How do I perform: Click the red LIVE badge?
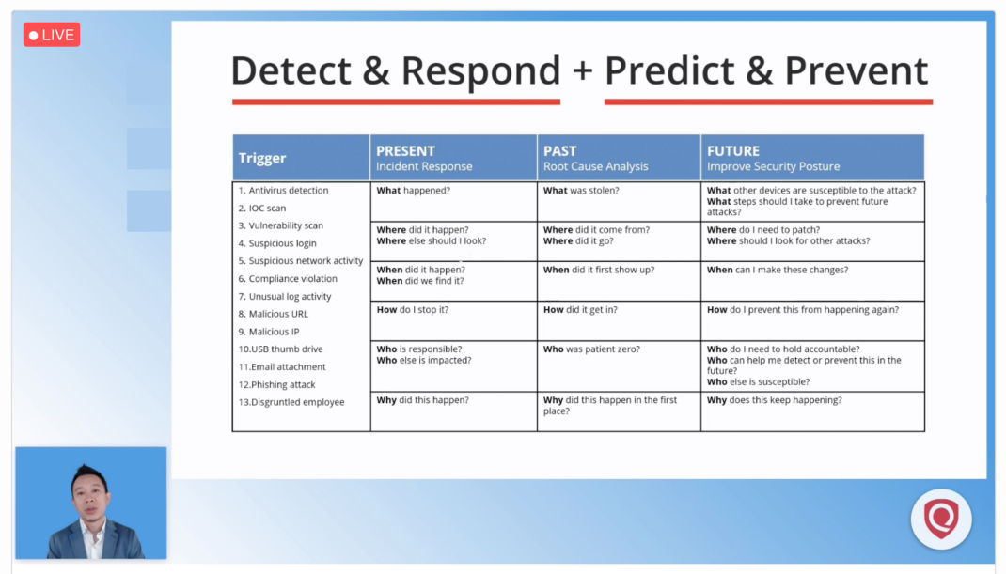tap(52, 35)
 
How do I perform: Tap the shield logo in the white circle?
tap(941, 519)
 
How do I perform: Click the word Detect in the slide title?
tap(291, 70)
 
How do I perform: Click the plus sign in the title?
tap(582, 70)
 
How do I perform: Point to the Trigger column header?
tap(262, 158)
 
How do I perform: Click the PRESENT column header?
tap(405, 150)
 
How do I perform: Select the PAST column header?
tap(560, 150)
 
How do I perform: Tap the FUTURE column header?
tap(733, 150)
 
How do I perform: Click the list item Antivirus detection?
tap(283, 191)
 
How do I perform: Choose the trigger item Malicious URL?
tap(274, 314)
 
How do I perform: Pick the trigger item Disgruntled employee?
tap(291, 402)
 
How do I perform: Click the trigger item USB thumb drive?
tap(280, 349)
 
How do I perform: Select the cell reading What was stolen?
tap(581, 191)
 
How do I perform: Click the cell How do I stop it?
tap(413, 310)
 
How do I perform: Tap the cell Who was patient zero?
tap(591, 349)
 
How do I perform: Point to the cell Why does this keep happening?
tap(775, 400)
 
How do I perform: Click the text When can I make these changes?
tap(778, 270)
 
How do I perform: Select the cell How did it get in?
tap(581, 310)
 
